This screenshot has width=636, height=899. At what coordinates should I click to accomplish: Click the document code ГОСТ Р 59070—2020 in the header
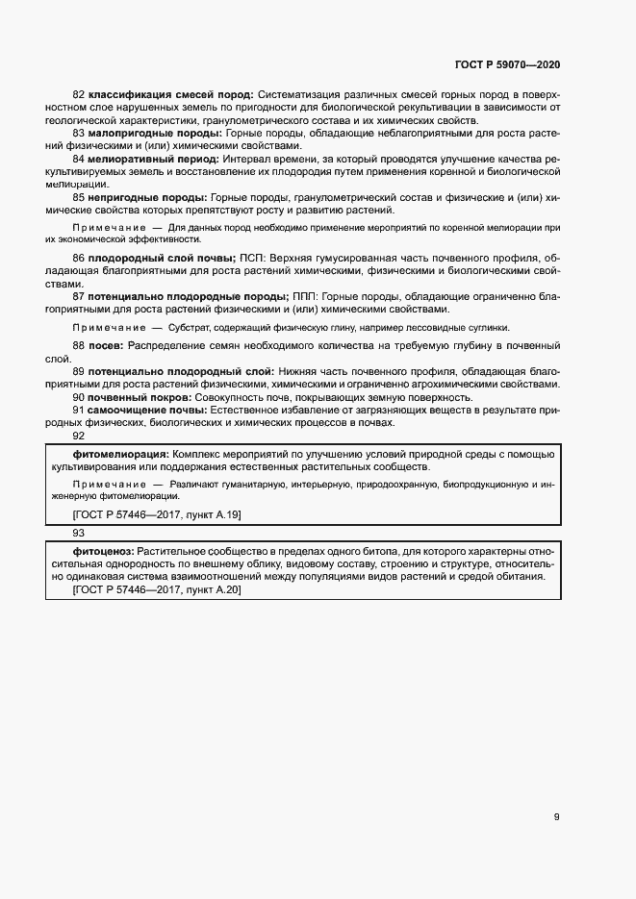pyautogui.click(x=507, y=64)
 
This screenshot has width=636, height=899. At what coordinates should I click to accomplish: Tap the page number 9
pyautogui.click(x=557, y=817)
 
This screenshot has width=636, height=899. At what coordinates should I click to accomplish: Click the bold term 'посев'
pyautogui.click(x=106, y=344)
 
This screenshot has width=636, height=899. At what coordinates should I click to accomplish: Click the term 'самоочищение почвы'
pyautogui.click(x=146, y=410)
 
